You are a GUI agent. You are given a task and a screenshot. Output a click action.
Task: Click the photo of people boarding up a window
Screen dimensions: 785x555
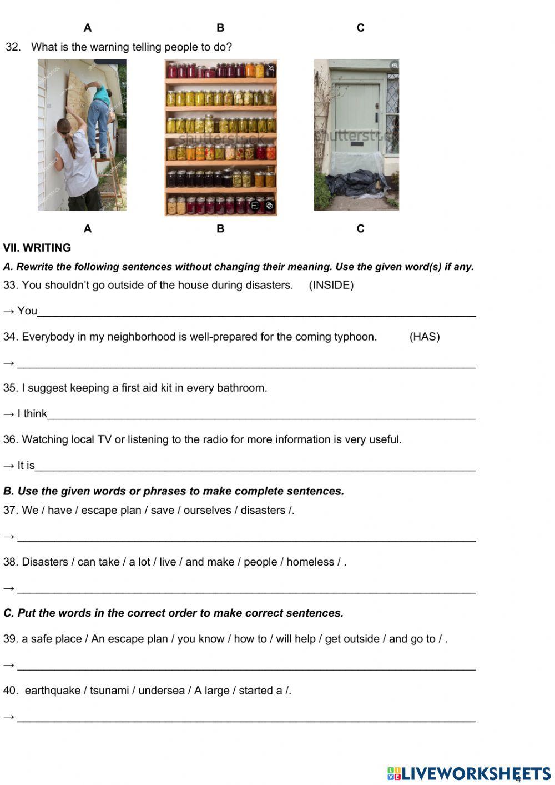pos(82,135)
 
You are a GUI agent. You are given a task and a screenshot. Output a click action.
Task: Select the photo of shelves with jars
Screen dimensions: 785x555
pos(220,137)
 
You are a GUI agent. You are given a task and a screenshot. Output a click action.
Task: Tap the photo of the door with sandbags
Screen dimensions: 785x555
pos(356,135)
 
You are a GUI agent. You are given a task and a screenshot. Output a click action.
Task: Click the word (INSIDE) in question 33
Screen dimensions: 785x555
pos(331,285)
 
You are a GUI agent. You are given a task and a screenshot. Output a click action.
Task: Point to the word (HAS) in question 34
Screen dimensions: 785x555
pos(425,337)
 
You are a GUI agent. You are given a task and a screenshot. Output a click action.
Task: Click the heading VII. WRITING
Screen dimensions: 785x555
pos(37,248)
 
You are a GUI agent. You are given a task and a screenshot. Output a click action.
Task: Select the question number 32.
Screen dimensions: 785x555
pos(13,47)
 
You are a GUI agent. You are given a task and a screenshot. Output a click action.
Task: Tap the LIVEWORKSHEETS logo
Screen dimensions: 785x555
pos(469,773)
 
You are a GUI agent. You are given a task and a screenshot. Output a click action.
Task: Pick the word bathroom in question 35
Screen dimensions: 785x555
pos(243,388)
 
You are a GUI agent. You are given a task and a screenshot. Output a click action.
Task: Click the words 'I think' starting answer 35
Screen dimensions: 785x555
pos(32,413)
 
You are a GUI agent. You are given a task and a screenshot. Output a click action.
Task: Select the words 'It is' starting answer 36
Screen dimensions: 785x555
pos(26,465)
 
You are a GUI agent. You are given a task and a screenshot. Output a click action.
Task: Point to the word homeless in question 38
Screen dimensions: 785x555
pos(310,562)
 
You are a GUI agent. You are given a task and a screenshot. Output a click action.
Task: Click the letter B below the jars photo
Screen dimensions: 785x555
pos(220,228)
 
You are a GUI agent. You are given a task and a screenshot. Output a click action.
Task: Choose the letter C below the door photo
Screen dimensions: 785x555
pos(360,228)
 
